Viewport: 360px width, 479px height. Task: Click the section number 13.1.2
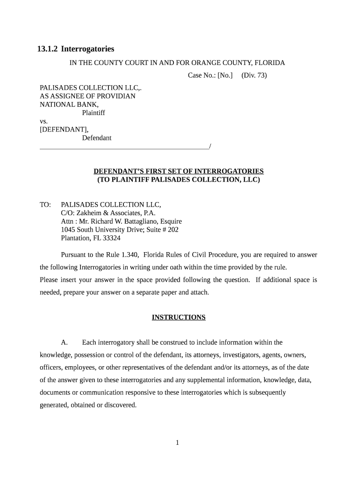coord(47,49)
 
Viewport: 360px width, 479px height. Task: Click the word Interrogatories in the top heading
coord(87,49)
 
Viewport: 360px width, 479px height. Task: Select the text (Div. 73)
coord(254,75)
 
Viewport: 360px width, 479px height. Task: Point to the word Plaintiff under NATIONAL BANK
coord(94,113)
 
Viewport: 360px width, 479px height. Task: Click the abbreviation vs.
coord(44,121)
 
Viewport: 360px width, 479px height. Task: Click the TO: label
coord(45,205)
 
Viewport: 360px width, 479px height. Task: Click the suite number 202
coord(173,230)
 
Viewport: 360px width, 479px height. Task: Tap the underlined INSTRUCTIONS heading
coord(179,318)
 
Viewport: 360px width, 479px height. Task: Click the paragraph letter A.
coord(65,343)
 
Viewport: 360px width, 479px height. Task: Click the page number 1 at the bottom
coord(178,443)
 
